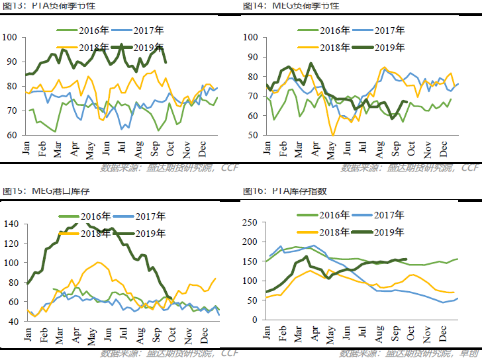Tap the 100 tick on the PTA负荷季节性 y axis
point(12,37)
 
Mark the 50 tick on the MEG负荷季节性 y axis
point(252,135)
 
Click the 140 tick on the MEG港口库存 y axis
point(12,224)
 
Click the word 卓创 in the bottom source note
point(470,353)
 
